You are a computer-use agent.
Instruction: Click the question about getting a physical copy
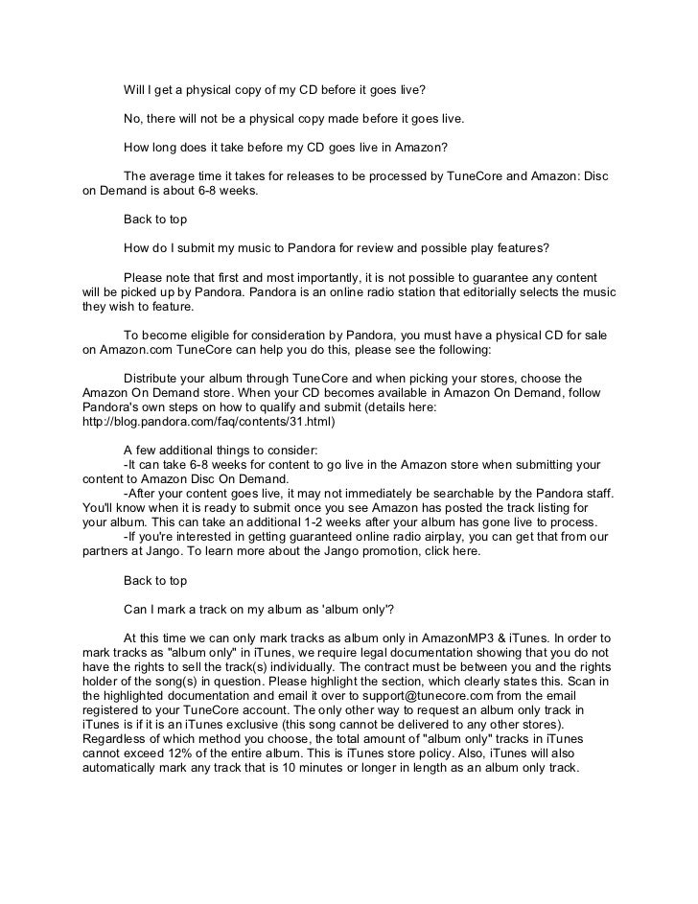point(273,91)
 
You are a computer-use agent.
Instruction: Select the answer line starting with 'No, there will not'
point(293,120)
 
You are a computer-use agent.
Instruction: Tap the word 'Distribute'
point(155,379)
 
